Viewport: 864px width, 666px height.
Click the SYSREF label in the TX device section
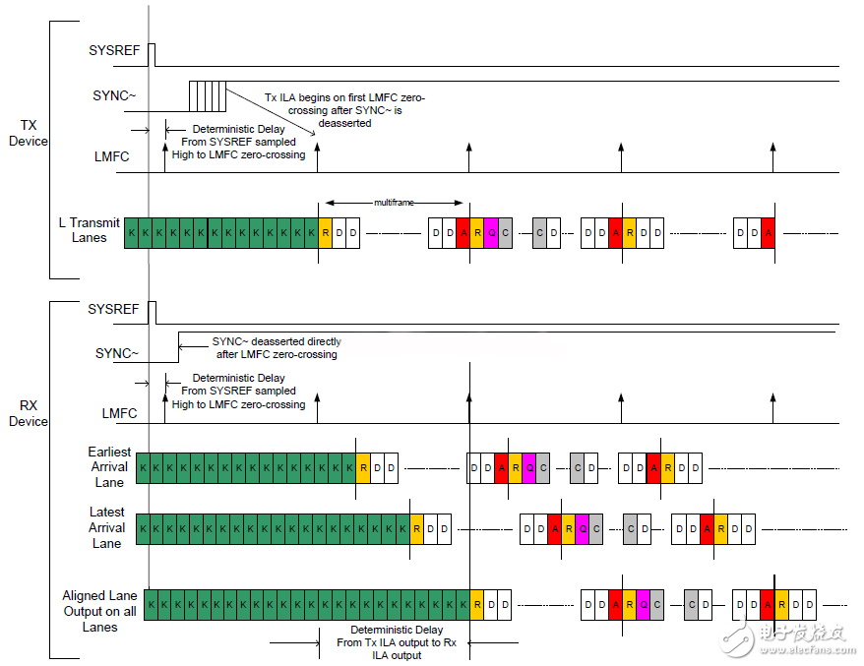113,51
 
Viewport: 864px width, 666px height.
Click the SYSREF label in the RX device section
113,309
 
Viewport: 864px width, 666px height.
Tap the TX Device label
28,133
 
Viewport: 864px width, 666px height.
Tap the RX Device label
28,413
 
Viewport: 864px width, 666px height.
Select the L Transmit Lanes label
89,230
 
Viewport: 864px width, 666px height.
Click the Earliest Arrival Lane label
108,467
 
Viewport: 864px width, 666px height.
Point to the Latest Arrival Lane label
106,527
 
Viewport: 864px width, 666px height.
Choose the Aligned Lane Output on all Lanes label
100,611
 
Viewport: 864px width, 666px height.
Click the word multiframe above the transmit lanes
393,202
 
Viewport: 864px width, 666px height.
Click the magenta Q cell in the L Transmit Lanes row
491,233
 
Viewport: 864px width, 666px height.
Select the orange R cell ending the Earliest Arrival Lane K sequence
363,468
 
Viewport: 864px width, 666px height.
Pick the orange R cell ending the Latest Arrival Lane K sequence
416,528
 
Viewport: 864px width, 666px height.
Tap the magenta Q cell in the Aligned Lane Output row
644,604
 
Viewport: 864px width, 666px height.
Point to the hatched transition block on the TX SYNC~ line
208,96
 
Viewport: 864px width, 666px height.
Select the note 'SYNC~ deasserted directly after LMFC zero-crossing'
276,347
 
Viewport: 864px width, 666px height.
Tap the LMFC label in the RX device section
120,413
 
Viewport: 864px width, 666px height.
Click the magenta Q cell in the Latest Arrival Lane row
582,528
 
